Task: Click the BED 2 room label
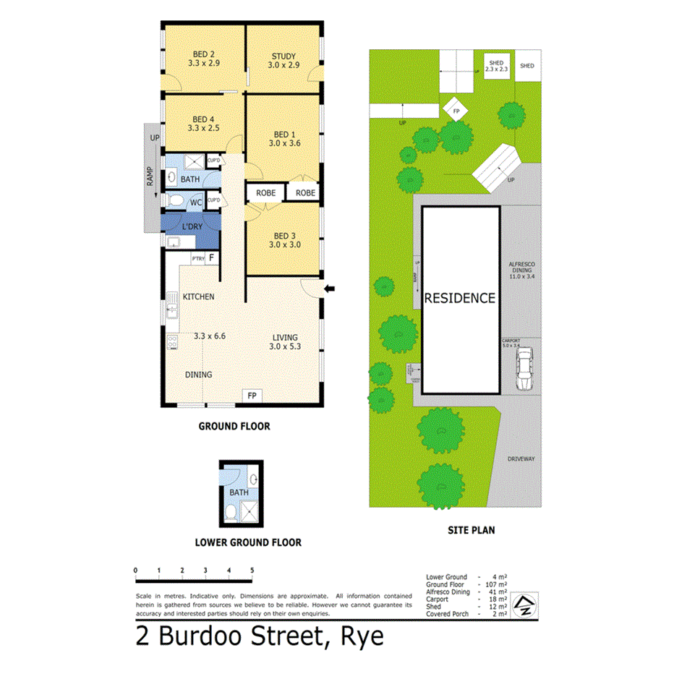(203, 54)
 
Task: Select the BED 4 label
(203, 119)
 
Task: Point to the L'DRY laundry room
(192, 226)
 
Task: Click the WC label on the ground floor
(195, 202)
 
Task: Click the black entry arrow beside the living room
(330, 289)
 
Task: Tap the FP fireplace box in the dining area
(252, 396)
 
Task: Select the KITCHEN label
(198, 297)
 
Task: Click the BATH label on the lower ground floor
(239, 492)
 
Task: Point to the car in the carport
(524, 367)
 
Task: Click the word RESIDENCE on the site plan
(460, 298)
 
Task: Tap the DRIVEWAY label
(520, 458)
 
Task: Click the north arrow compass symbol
(522, 606)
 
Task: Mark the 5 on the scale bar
(252, 571)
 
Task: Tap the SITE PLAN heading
(474, 530)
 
